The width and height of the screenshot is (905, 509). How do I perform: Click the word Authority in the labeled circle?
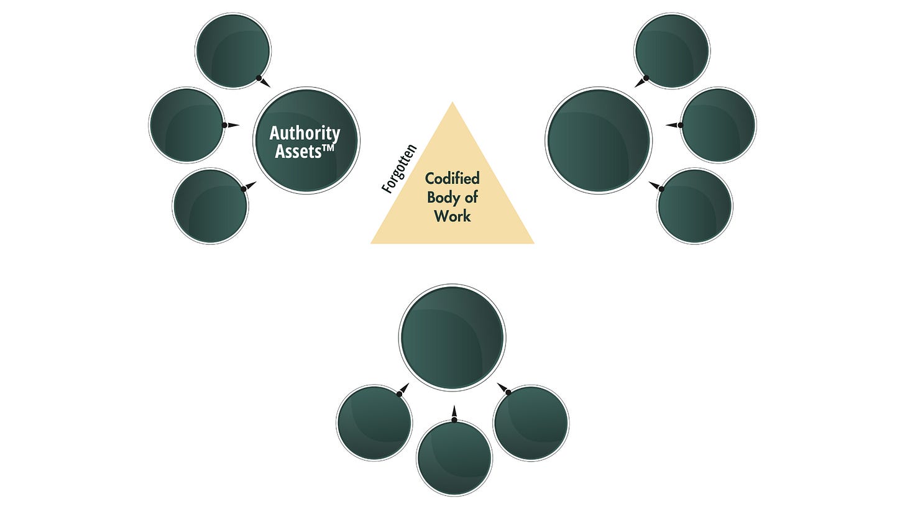(305, 133)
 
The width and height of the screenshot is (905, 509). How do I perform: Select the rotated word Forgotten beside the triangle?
(399, 169)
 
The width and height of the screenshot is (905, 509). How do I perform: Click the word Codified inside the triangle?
(452, 179)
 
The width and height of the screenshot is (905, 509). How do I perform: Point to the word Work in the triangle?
(452, 216)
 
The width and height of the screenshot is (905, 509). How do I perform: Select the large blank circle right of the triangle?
(598, 140)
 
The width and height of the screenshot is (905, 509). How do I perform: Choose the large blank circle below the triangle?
(452, 337)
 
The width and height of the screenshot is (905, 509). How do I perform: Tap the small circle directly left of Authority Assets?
(186, 125)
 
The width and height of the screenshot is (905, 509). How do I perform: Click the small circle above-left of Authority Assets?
(233, 50)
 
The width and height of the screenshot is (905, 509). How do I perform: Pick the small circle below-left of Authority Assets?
(210, 206)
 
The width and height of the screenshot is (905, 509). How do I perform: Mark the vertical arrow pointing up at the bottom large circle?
(454, 413)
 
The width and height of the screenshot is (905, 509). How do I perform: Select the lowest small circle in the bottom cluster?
(454, 458)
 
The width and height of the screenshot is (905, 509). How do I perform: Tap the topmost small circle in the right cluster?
(672, 50)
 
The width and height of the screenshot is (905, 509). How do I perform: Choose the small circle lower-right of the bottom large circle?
(531, 423)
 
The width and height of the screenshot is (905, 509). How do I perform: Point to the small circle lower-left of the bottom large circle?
(374, 423)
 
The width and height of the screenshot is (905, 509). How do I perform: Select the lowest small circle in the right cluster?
(694, 206)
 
